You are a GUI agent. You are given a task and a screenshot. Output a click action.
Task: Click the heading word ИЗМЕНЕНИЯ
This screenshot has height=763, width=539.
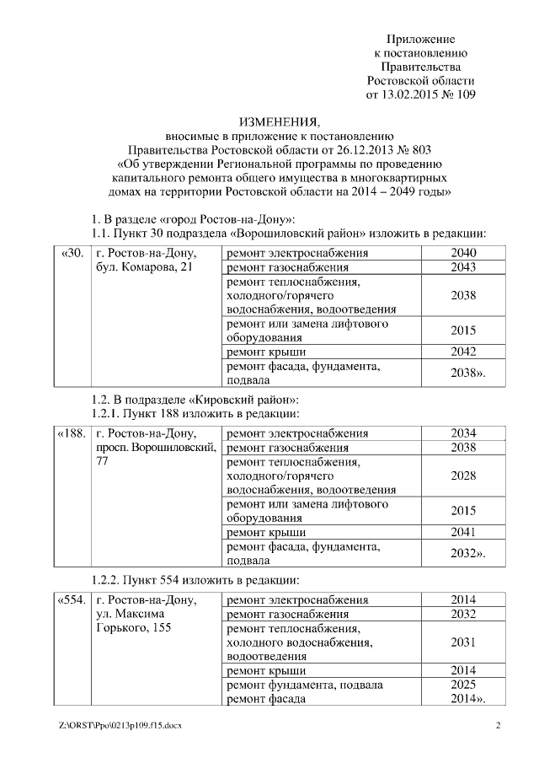[273, 123]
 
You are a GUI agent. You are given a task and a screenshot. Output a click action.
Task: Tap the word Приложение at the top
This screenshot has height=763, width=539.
[420, 40]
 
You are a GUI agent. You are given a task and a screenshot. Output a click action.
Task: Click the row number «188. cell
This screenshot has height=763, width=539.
[72, 433]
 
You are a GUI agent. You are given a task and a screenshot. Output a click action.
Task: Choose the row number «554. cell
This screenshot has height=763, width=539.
[72, 600]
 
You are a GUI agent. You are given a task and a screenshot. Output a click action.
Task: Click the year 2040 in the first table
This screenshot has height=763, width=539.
[463, 253]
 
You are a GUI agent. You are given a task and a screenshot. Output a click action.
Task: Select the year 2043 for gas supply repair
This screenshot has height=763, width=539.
[463, 267]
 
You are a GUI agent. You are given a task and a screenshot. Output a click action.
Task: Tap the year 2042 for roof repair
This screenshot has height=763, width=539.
[463, 351]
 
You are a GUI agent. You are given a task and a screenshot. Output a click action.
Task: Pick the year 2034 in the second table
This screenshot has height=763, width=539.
[463, 433]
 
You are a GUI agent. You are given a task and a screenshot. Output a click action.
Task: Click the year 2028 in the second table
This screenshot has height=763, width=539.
[463, 476]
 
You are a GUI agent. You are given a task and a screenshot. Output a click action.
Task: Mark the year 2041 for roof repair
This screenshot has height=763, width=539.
[463, 531]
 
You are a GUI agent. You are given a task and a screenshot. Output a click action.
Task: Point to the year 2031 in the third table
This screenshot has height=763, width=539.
[463, 642]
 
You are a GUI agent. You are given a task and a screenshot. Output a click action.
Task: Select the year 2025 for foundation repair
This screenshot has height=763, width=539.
[463, 685]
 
